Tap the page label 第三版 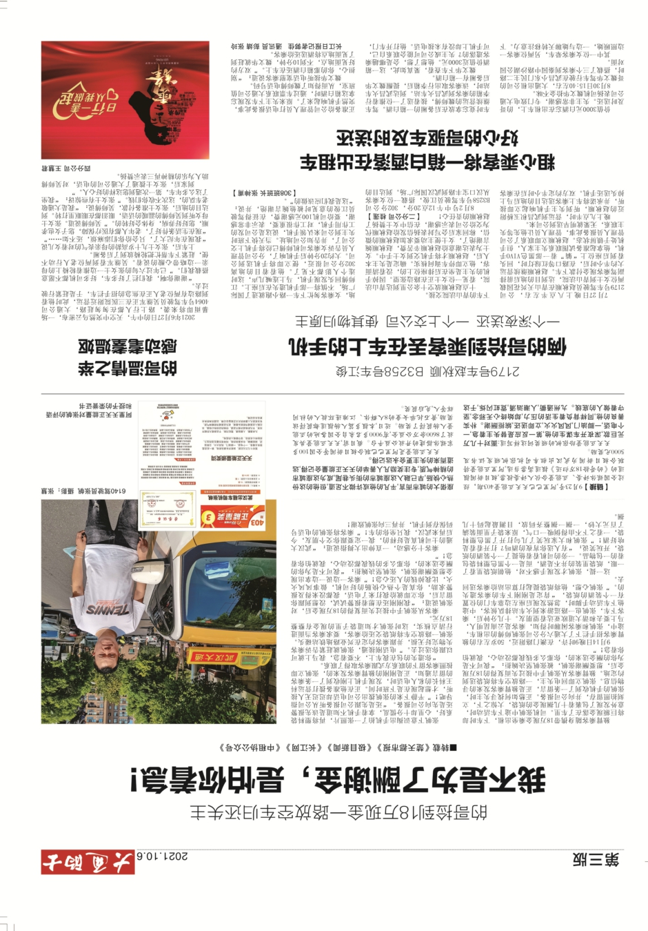coord(595,859)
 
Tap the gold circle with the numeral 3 coord(207,516)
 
